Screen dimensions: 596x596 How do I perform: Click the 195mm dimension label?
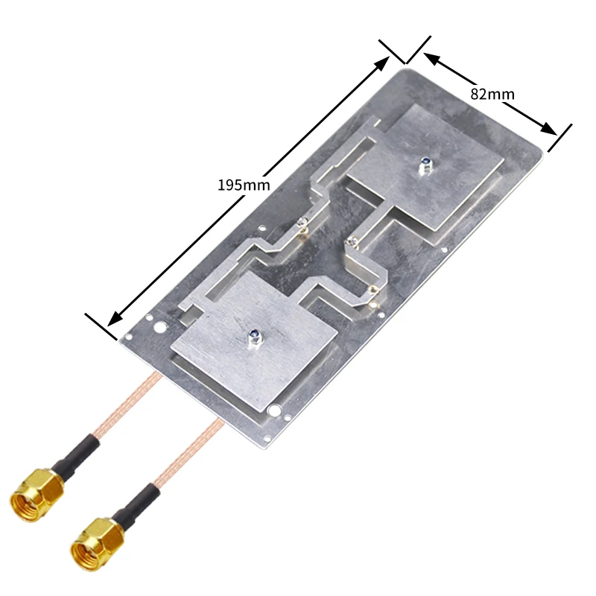[x=244, y=185]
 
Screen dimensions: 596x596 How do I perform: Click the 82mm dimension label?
[x=492, y=94]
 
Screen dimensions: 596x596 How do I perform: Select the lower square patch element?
[x=254, y=342]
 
